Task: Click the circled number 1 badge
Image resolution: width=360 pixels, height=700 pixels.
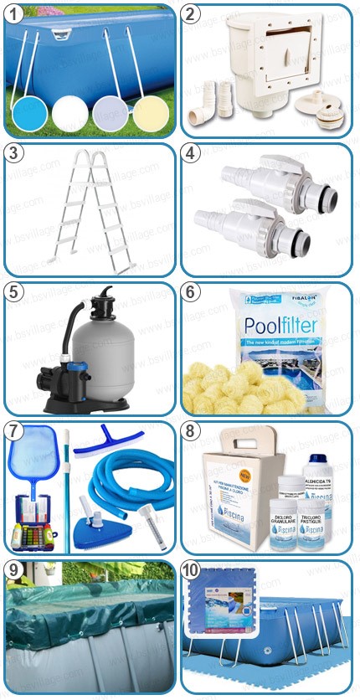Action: pos(14,15)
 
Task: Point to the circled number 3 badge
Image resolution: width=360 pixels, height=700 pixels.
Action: pos(14,153)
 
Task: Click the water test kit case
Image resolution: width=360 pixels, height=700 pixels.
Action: pos(33,531)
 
